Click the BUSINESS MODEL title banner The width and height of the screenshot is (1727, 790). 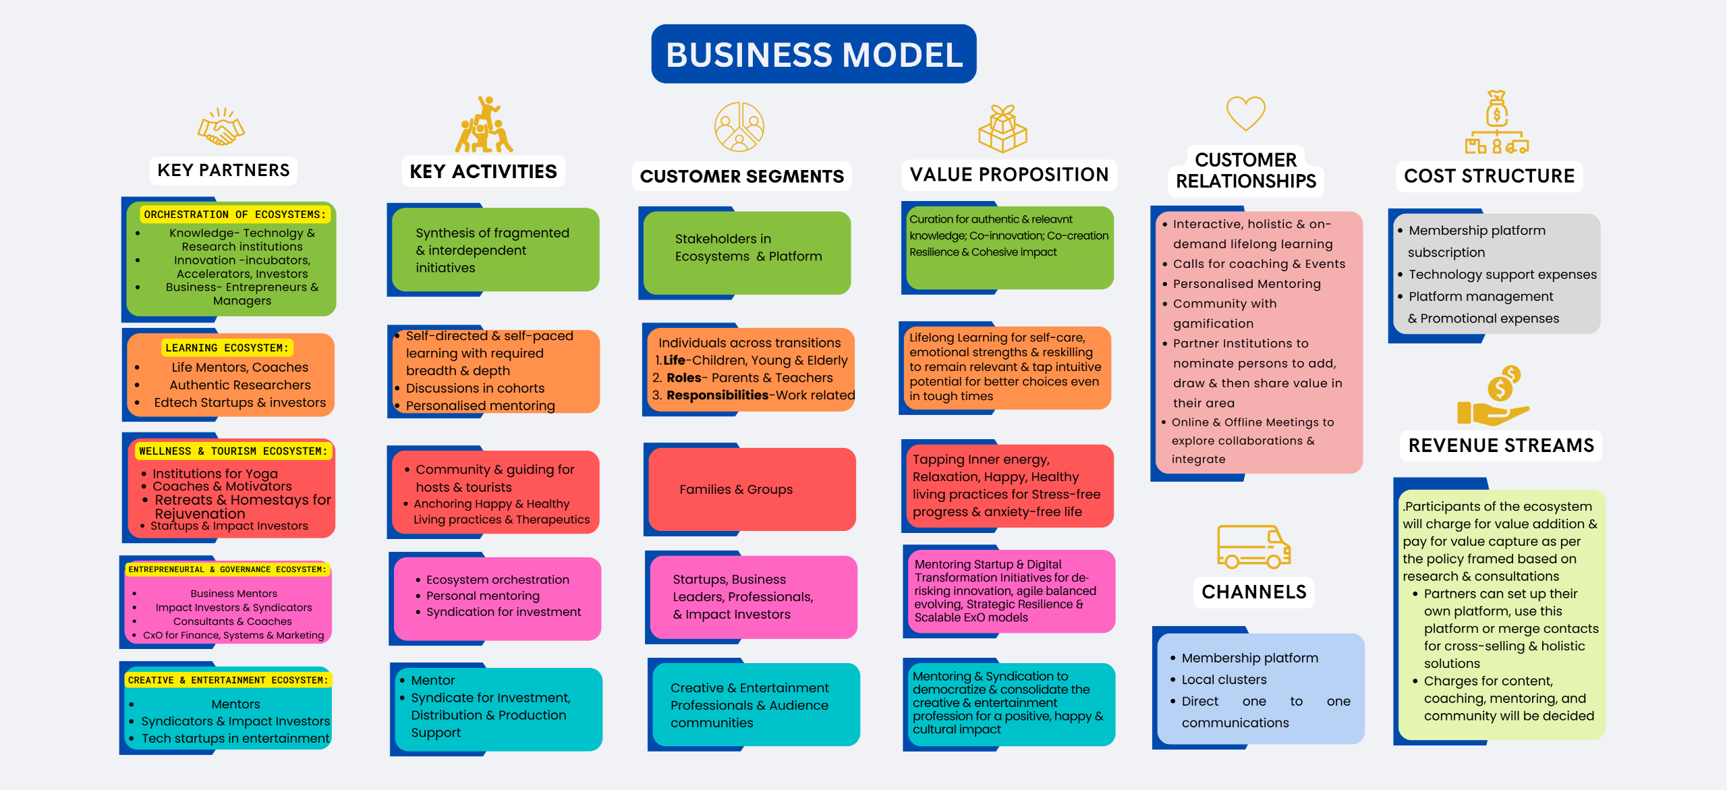(814, 54)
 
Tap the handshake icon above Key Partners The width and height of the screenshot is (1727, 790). (221, 127)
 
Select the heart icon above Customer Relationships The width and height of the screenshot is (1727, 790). (1245, 113)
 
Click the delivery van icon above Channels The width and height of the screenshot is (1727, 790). (1253, 546)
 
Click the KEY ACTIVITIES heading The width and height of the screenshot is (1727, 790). (483, 171)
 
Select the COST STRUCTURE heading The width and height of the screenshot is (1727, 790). (1489, 176)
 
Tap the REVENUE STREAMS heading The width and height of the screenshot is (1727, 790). (1501, 445)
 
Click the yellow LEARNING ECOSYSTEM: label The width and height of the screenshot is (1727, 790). (227, 347)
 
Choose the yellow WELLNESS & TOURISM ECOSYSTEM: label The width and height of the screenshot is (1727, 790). (233, 451)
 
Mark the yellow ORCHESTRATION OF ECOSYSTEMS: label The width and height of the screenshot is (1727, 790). (235, 215)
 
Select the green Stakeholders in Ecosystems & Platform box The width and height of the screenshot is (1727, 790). (747, 248)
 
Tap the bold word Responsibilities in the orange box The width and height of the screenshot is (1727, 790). (717, 395)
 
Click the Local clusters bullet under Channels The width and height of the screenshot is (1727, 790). (1224, 679)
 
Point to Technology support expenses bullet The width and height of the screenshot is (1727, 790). (1502, 275)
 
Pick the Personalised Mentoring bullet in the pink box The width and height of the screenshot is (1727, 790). (1247, 284)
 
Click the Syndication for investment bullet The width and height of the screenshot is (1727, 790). (503, 612)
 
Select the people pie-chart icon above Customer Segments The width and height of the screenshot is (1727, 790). (739, 127)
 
